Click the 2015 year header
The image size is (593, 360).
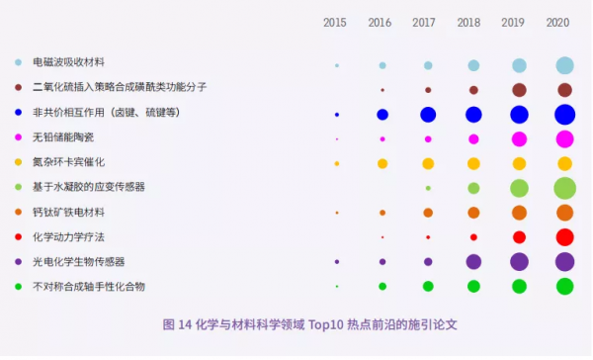click(336, 22)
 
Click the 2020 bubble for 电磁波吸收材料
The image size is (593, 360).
click(564, 65)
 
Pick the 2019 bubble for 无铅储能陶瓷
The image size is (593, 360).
click(519, 138)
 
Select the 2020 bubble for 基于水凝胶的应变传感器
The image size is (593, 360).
click(564, 188)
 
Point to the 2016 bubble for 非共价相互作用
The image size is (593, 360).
click(382, 115)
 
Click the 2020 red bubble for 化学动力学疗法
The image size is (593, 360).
click(564, 237)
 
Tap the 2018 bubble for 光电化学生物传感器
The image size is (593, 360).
click(473, 262)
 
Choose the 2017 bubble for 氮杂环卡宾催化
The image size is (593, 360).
click(428, 163)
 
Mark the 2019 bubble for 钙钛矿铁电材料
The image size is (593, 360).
click(519, 213)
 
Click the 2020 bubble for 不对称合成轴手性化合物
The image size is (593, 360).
click(564, 286)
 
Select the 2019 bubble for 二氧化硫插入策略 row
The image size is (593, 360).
click(519, 90)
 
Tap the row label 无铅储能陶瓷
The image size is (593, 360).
click(62, 136)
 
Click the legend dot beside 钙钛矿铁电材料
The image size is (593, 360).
click(19, 213)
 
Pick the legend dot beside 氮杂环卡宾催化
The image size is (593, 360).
click(19, 161)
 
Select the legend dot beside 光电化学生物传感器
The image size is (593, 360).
click(19, 262)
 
